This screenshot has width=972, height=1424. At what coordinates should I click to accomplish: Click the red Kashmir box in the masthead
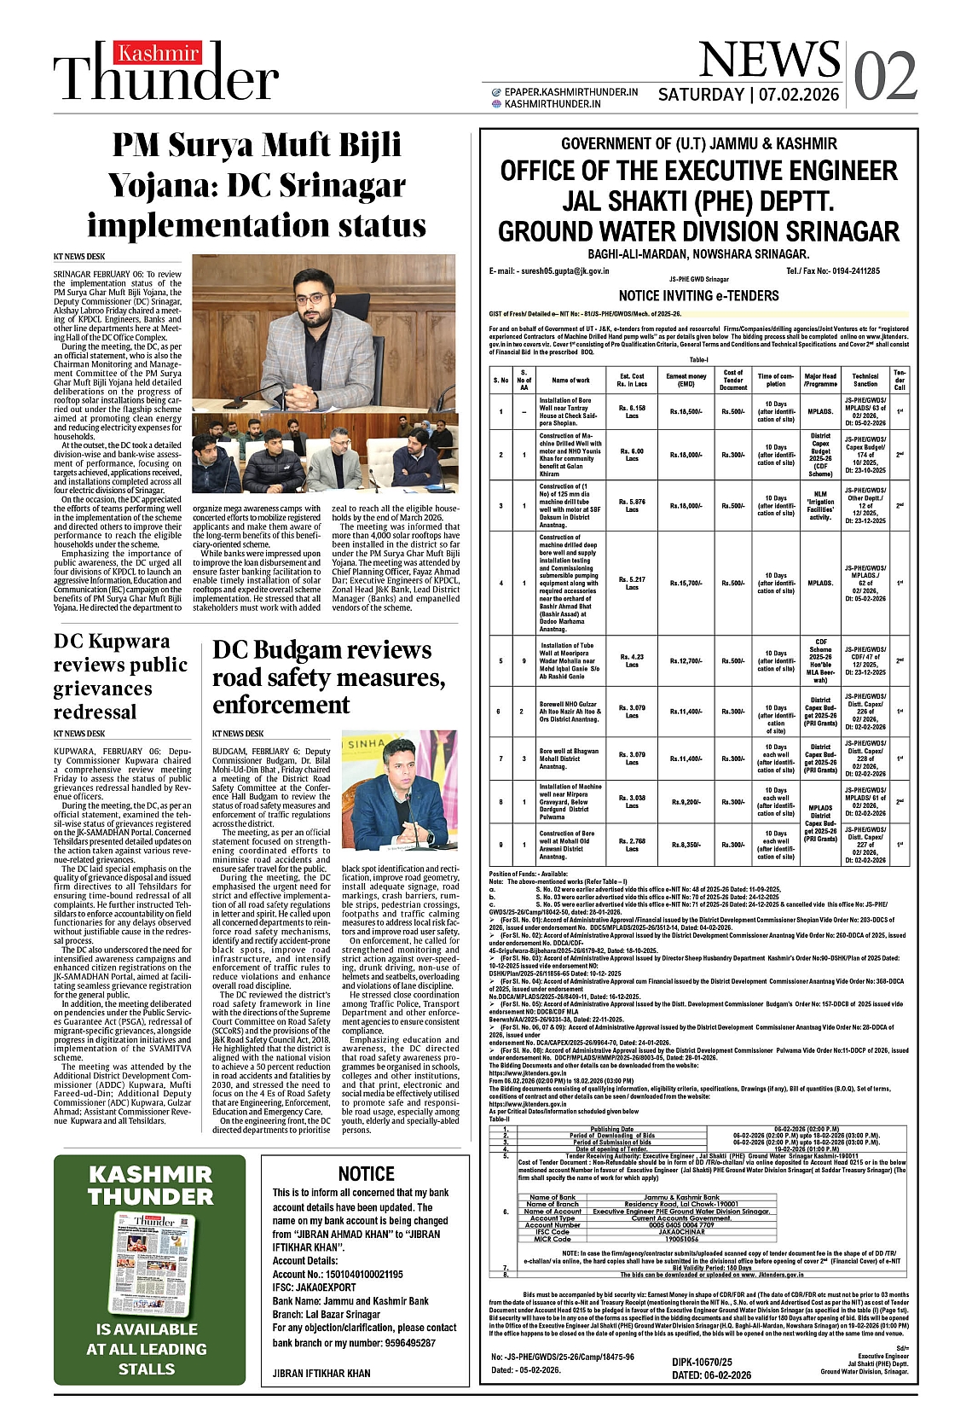159,54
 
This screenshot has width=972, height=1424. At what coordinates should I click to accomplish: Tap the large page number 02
885,77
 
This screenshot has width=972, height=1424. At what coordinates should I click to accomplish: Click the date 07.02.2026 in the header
799,95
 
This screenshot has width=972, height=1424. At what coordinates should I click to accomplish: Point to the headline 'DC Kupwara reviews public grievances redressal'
120,676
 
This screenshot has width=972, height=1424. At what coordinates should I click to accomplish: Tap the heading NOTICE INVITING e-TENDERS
698,296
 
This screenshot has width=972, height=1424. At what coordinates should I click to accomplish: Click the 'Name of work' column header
570,380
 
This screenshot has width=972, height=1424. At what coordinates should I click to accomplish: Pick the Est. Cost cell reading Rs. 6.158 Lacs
632,411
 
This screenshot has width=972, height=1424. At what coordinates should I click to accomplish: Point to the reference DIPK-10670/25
702,1363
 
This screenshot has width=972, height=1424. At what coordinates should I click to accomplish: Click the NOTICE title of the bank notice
366,1174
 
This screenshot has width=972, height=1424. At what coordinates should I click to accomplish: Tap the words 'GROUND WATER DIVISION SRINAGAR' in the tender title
698,232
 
